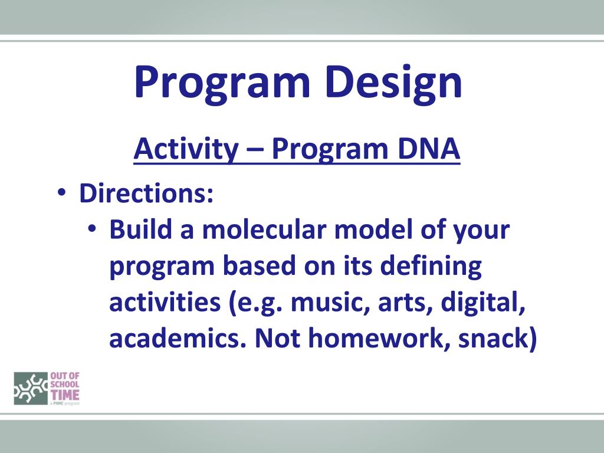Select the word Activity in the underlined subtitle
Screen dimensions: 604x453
click(x=186, y=150)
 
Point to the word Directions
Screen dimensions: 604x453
click(x=146, y=193)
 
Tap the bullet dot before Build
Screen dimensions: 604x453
click(x=91, y=228)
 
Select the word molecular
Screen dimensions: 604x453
click(x=264, y=229)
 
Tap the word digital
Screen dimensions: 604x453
click(x=483, y=303)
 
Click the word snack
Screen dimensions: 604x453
click(x=493, y=339)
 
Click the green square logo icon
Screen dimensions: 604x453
click(x=31, y=388)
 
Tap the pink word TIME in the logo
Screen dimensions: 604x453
click(x=65, y=395)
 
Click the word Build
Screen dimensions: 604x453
click(x=140, y=229)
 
